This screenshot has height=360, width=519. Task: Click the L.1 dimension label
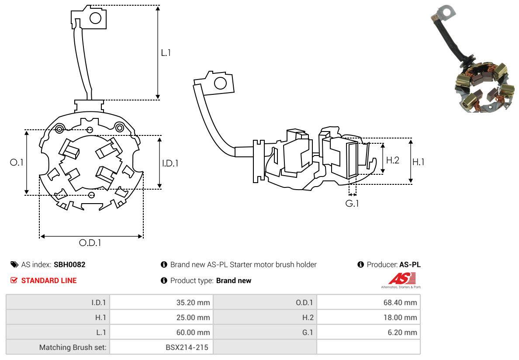tap(166, 53)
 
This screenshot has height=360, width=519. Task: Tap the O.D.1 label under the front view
tap(90, 243)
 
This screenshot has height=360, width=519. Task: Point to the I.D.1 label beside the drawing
tap(170, 163)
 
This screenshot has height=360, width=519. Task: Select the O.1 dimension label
tap(17, 162)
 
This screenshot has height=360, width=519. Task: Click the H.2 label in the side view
tap(392, 160)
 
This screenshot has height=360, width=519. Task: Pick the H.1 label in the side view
tap(419, 162)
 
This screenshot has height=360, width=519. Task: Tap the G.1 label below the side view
tap(352, 203)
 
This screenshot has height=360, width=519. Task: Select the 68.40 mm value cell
tap(401, 302)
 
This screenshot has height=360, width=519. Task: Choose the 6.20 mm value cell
tap(403, 332)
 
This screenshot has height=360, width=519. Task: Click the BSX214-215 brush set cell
tap(187, 347)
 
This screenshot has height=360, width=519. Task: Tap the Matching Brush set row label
tap(73, 347)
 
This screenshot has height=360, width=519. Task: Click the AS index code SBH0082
tap(69, 265)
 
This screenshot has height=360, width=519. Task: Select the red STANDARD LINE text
tap(48, 280)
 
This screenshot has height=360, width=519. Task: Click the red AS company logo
tap(402, 278)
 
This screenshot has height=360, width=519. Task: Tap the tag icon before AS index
tap(14, 265)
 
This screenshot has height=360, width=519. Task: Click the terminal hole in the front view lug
tap(95, 18)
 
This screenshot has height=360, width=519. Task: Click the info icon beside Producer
tap(361, 265)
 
